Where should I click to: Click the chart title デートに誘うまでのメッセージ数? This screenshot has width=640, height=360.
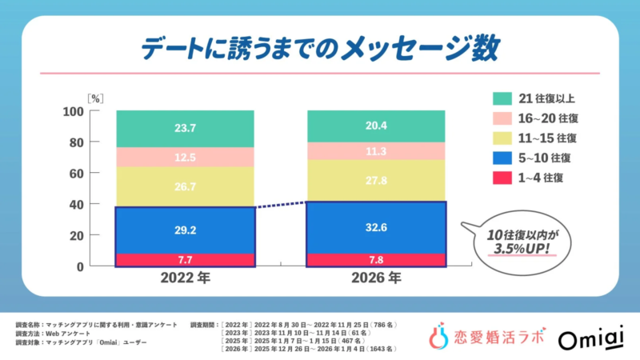[319, 46]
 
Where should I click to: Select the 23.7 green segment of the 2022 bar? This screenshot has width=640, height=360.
[186, 128]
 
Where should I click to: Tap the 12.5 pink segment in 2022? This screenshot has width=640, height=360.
[186, 157]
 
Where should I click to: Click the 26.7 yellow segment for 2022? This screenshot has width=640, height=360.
[186, 187]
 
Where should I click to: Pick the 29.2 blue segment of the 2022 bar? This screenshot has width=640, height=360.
[186, 230]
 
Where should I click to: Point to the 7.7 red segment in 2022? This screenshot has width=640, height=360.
[186, 259]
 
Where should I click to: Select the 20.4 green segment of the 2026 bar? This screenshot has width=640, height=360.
[377, 126]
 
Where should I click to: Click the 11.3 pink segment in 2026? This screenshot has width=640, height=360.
[377, 150]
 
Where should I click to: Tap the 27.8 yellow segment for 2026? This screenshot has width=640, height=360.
[377, 180]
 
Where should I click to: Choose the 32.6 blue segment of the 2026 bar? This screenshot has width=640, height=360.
[377, 227]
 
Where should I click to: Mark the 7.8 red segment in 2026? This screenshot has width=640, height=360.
[377, 259]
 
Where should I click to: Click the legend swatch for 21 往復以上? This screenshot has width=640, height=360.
[501, 99]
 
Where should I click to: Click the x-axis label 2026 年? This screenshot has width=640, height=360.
[377, 280]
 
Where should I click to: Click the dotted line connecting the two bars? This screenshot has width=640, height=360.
[282, 204]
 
